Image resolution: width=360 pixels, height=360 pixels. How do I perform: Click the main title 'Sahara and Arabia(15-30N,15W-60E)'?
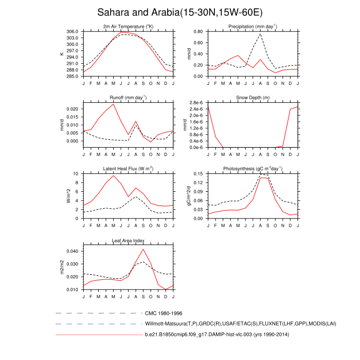point(180,12)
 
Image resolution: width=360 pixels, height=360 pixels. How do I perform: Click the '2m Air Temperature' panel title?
point(128,26)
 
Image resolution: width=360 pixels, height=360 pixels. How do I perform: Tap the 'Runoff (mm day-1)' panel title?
point(128,97)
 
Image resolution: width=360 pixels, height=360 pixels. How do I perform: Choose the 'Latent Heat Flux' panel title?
point(128,169)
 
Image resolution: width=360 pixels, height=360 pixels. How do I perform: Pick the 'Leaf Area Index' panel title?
point(128,240)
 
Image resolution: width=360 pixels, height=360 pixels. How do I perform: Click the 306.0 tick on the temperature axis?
point(73,31)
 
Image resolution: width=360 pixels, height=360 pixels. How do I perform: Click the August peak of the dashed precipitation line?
point(261,34)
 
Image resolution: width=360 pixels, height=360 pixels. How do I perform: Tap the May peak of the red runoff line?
point(114,104)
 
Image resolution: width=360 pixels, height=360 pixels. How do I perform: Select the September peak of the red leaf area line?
point(143,249)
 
